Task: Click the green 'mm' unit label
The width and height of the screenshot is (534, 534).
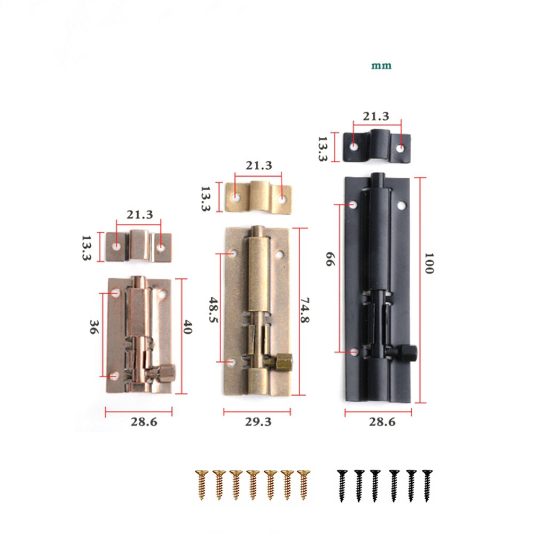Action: pos(381,66)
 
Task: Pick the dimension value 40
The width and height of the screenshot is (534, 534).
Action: pos(187,327)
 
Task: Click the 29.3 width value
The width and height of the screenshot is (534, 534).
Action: pos(258,422)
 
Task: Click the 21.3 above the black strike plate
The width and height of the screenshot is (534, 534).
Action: pos(376,116)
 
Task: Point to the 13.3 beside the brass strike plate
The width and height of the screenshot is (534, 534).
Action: pos(206,199)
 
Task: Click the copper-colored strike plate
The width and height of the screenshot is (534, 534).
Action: pos(138,247)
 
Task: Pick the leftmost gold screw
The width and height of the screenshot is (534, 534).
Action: pos(201,484)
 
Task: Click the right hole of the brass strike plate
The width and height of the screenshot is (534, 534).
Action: pos(282,199)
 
